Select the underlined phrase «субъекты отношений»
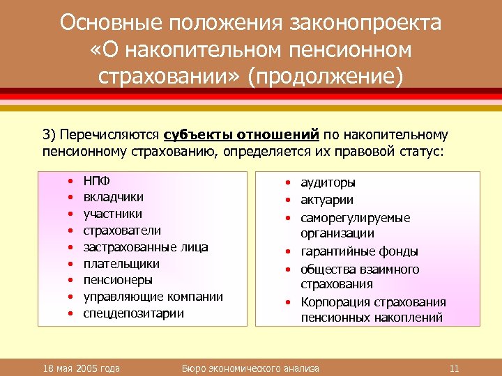pos(242,134)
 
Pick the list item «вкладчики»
pos(108,197)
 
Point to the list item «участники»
pos(113,214)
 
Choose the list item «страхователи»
pos(122,230)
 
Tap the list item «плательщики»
pos(121,264)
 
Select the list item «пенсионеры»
pos(118,280)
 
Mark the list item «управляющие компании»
pos(153,297)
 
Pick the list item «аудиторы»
pos(328,182)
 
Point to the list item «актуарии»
pos(327,201)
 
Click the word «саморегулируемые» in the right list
pos(356,218)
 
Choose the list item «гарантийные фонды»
pos(359,251)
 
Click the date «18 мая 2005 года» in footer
pos(82,368)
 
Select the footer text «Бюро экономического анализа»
pos(250,368)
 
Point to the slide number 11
pos(454,368)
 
